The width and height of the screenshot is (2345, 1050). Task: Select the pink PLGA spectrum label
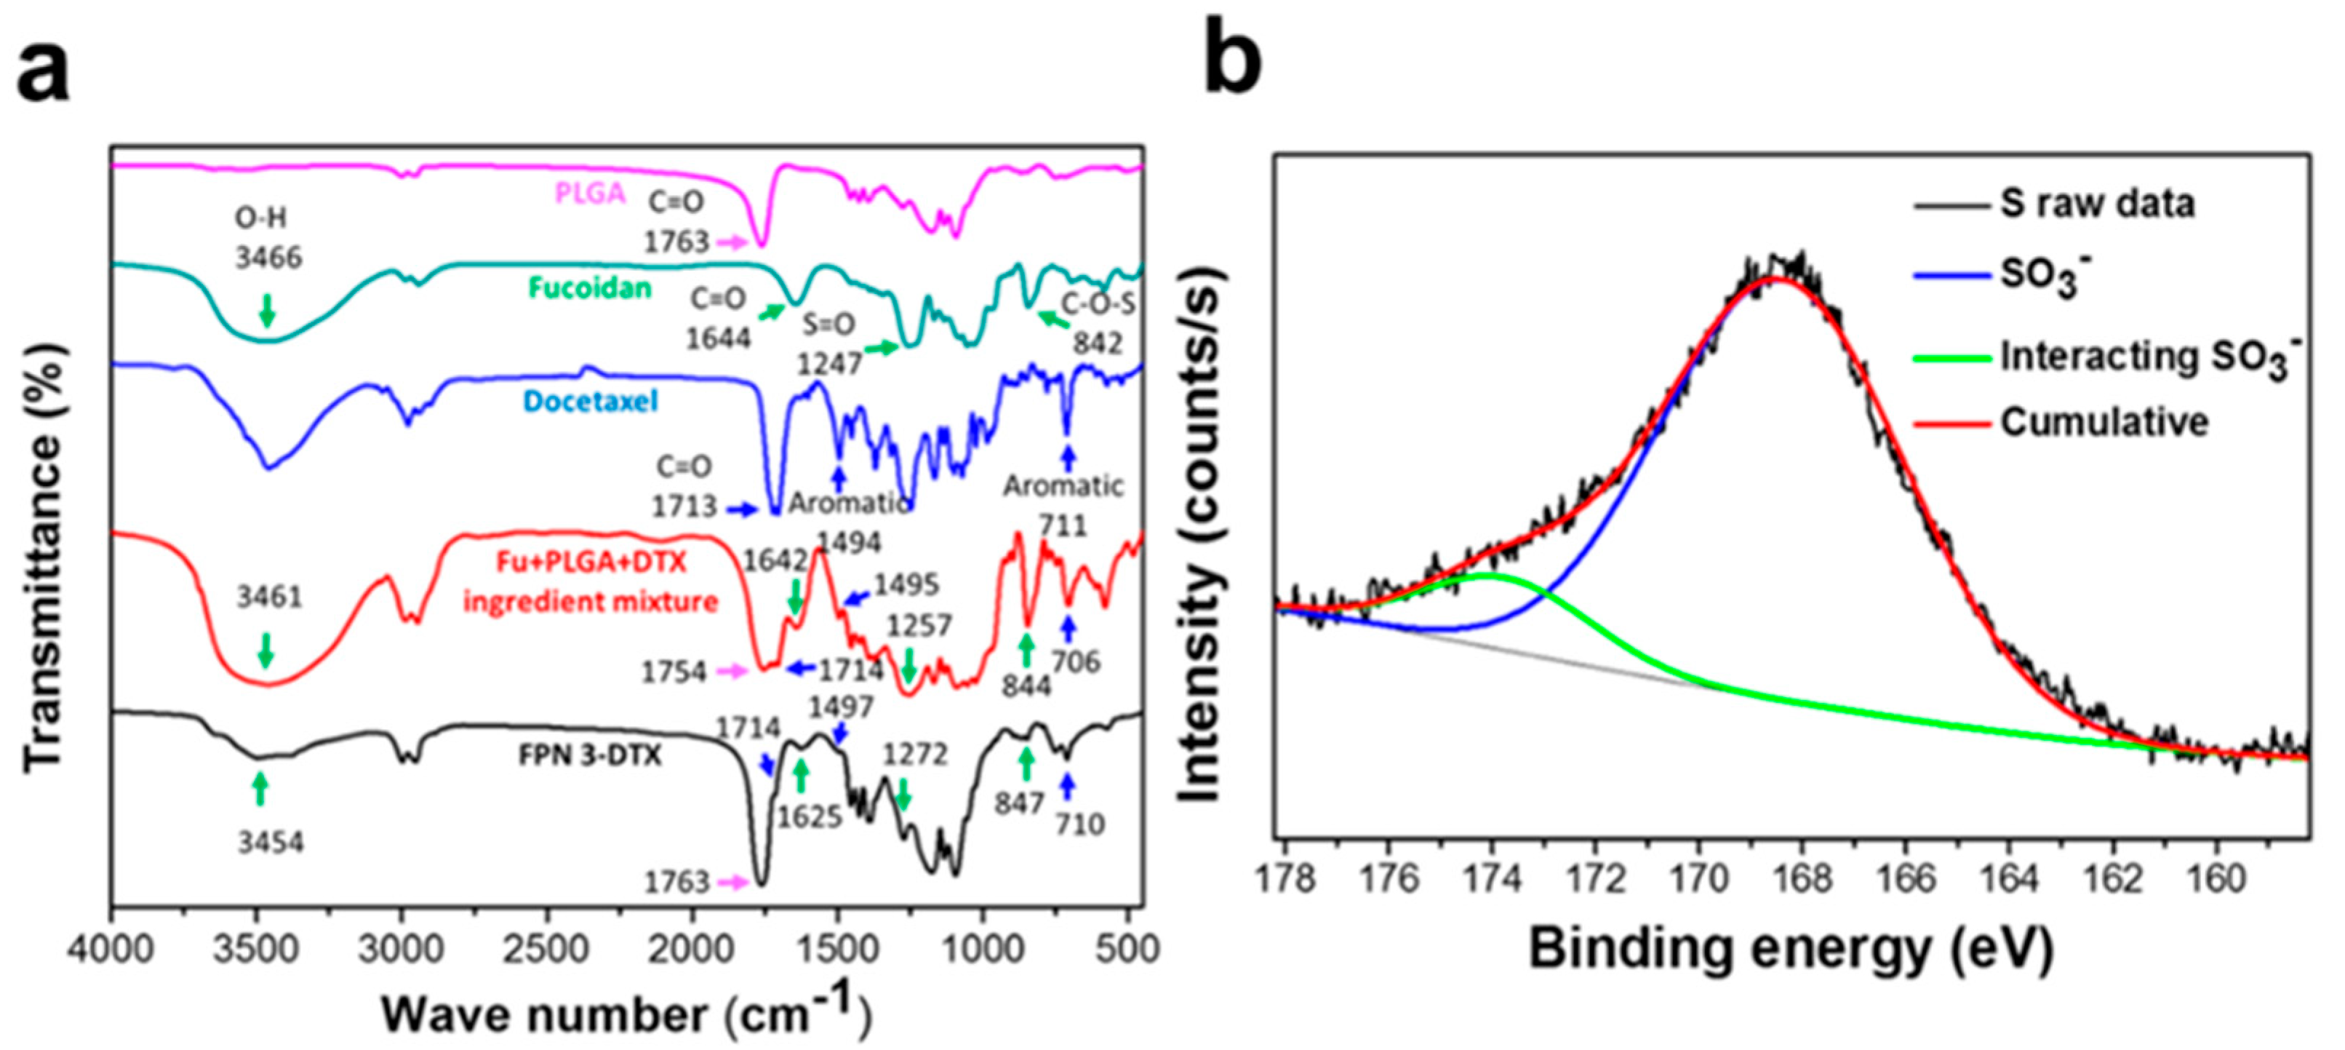pos(591,193)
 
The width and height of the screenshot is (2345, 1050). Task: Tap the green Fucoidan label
pos(590,289)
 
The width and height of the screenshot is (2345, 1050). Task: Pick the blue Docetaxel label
pos(590,402)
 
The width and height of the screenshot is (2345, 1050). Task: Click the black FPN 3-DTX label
pos(590,756)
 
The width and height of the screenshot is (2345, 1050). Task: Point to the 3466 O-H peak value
pos(268,258)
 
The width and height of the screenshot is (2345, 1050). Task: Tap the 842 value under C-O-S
pos(1097,343)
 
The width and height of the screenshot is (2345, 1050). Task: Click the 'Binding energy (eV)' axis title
pos(1791,949)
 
